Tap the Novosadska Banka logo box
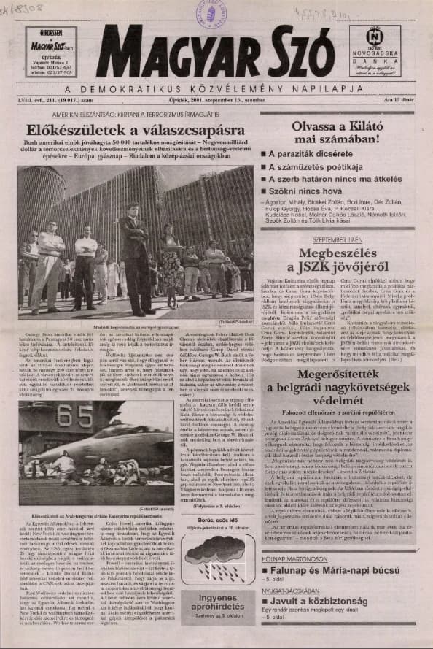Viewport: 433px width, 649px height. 374,51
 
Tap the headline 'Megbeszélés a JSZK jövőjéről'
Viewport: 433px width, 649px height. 338,261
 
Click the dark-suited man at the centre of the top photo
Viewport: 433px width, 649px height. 136,256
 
